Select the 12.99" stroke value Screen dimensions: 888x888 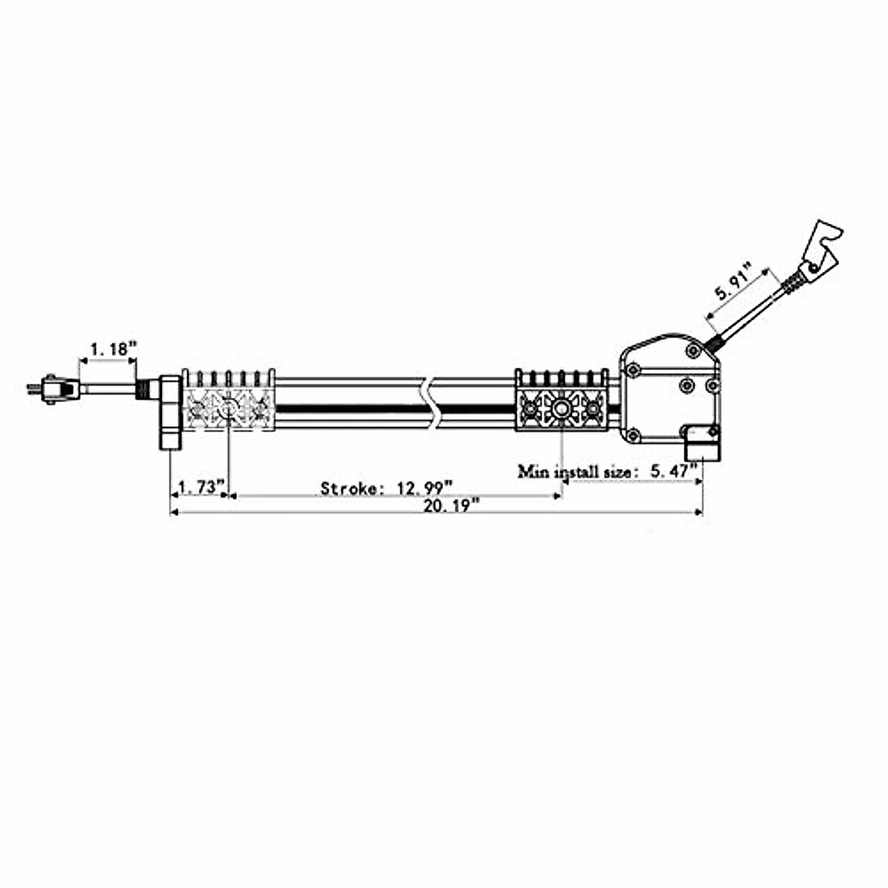pos(425,488)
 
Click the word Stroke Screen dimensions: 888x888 pos(349,488)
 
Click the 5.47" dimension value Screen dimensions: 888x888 pos(673,471)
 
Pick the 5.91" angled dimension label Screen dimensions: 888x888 pos(733,281)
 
